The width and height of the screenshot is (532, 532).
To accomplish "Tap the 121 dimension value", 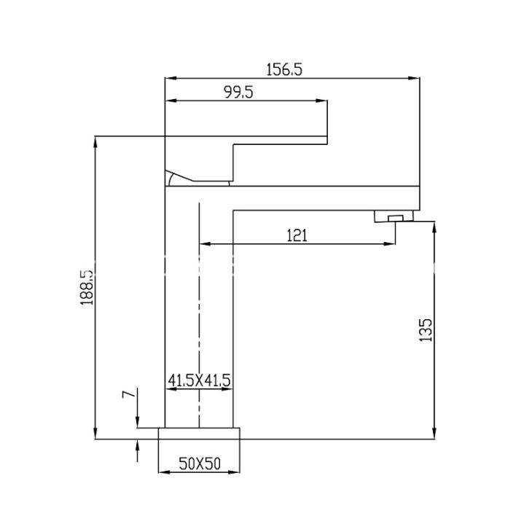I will point(297,235).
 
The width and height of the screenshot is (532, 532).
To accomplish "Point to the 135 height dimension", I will point(427,329).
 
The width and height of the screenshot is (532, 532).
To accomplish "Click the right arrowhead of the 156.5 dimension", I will point(418,78).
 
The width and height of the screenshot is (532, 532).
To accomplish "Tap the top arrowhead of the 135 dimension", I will point(435,225).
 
